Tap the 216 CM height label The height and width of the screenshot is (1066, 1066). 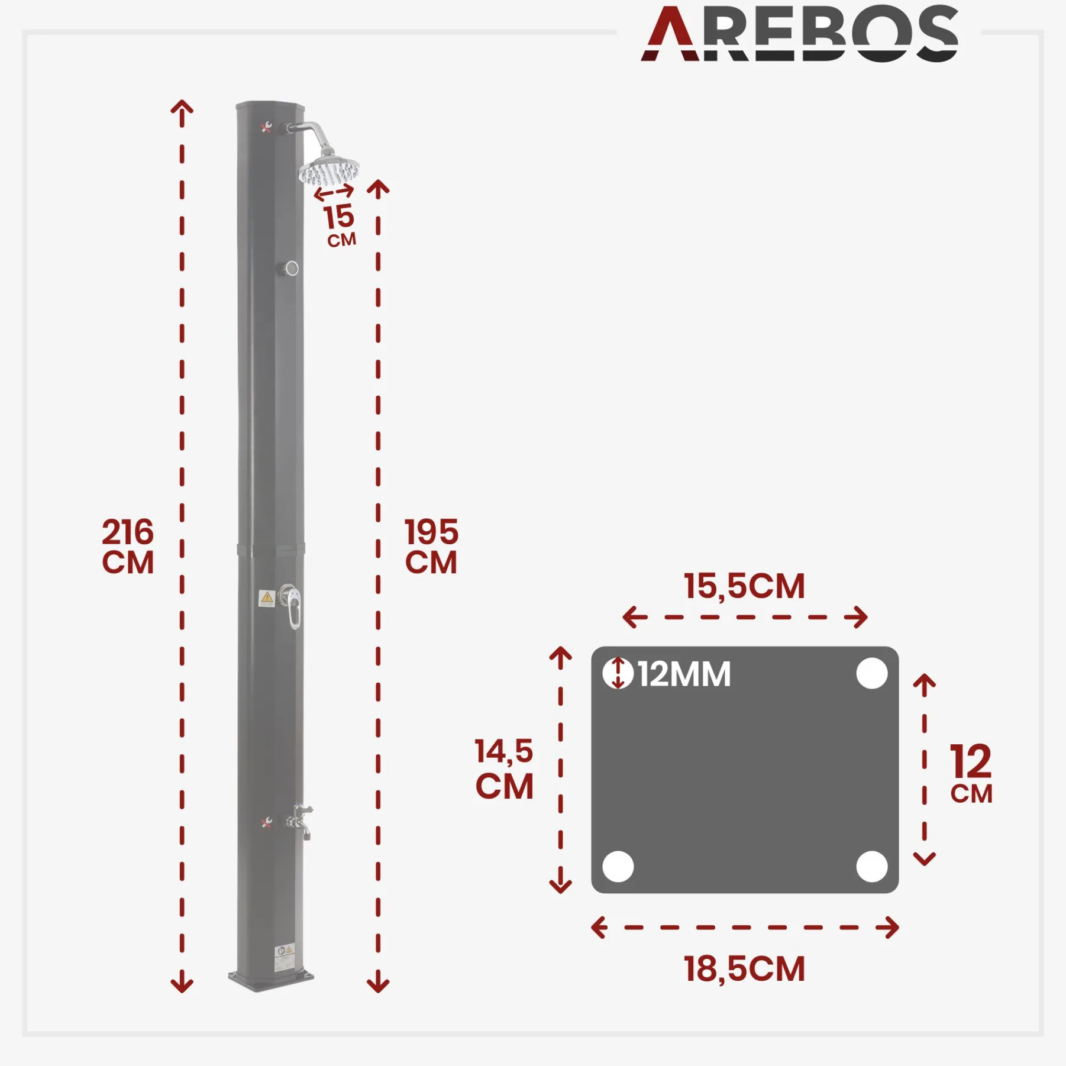128,546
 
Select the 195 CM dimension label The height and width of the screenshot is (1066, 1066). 431,546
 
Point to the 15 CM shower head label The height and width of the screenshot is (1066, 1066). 340,225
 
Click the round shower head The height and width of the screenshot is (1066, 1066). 329,170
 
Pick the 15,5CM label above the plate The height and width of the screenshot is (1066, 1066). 744,586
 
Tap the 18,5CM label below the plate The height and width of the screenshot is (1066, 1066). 744,969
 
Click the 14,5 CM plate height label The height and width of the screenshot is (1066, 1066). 505,768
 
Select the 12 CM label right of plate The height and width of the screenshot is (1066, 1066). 971,773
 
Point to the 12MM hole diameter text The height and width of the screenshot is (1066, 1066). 684,674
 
